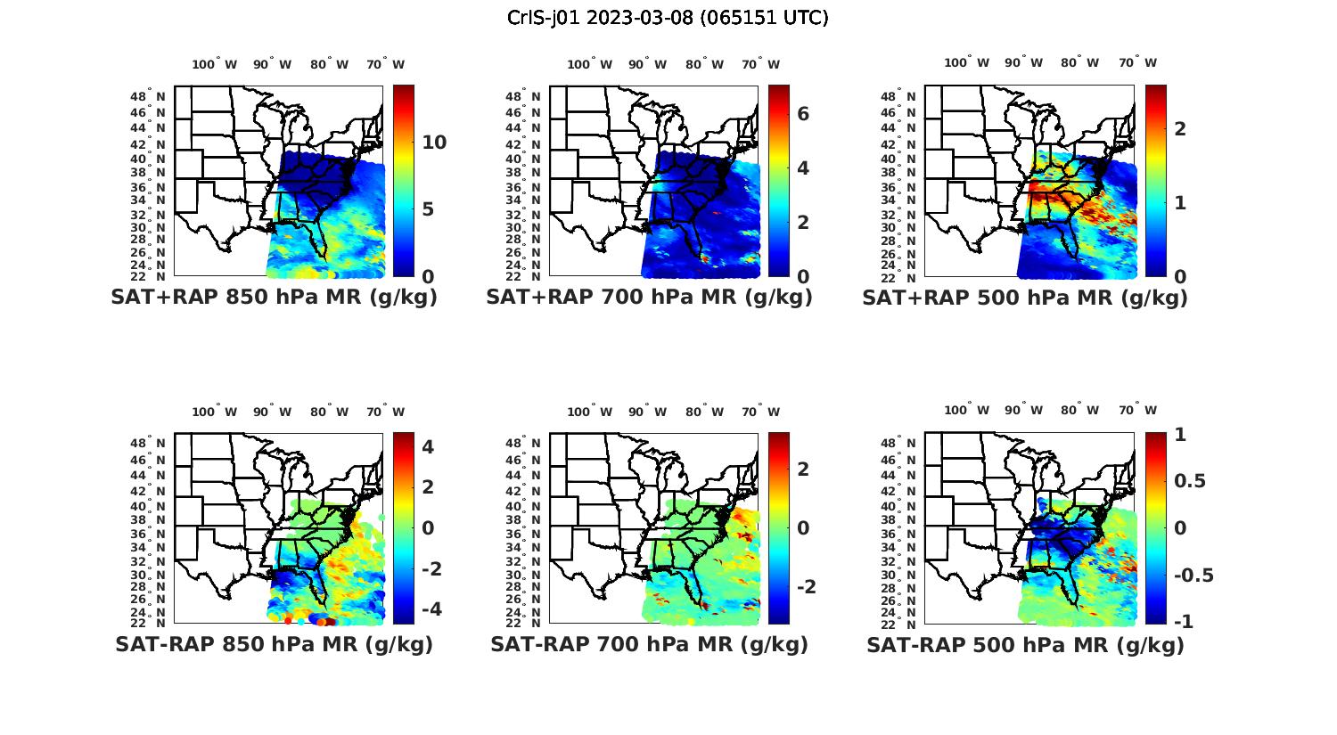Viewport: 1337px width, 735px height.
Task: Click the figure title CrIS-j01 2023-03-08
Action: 668,18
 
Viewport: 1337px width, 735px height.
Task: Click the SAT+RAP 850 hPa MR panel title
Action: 274,298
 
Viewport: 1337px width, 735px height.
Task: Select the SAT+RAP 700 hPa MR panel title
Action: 649,298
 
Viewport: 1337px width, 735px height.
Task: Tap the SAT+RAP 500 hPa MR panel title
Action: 1024,298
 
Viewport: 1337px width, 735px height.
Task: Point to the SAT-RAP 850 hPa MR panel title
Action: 274,644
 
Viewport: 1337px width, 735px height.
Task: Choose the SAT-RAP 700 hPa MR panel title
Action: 649,644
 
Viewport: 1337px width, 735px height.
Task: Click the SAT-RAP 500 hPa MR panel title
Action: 1025,644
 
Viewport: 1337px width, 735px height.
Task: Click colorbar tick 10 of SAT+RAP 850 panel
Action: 434,143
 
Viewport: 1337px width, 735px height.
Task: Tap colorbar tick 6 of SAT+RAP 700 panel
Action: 803,113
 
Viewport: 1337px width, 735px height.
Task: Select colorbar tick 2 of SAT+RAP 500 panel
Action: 1180,128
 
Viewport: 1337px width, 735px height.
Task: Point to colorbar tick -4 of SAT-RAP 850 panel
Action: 428,609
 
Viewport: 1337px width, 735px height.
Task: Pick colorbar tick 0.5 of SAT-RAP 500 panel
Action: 1190,481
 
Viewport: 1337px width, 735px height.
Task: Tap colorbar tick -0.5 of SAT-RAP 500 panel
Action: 1193,575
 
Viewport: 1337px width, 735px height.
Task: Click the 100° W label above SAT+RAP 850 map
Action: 214,64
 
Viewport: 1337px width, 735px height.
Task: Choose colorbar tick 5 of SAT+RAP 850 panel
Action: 428,209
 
